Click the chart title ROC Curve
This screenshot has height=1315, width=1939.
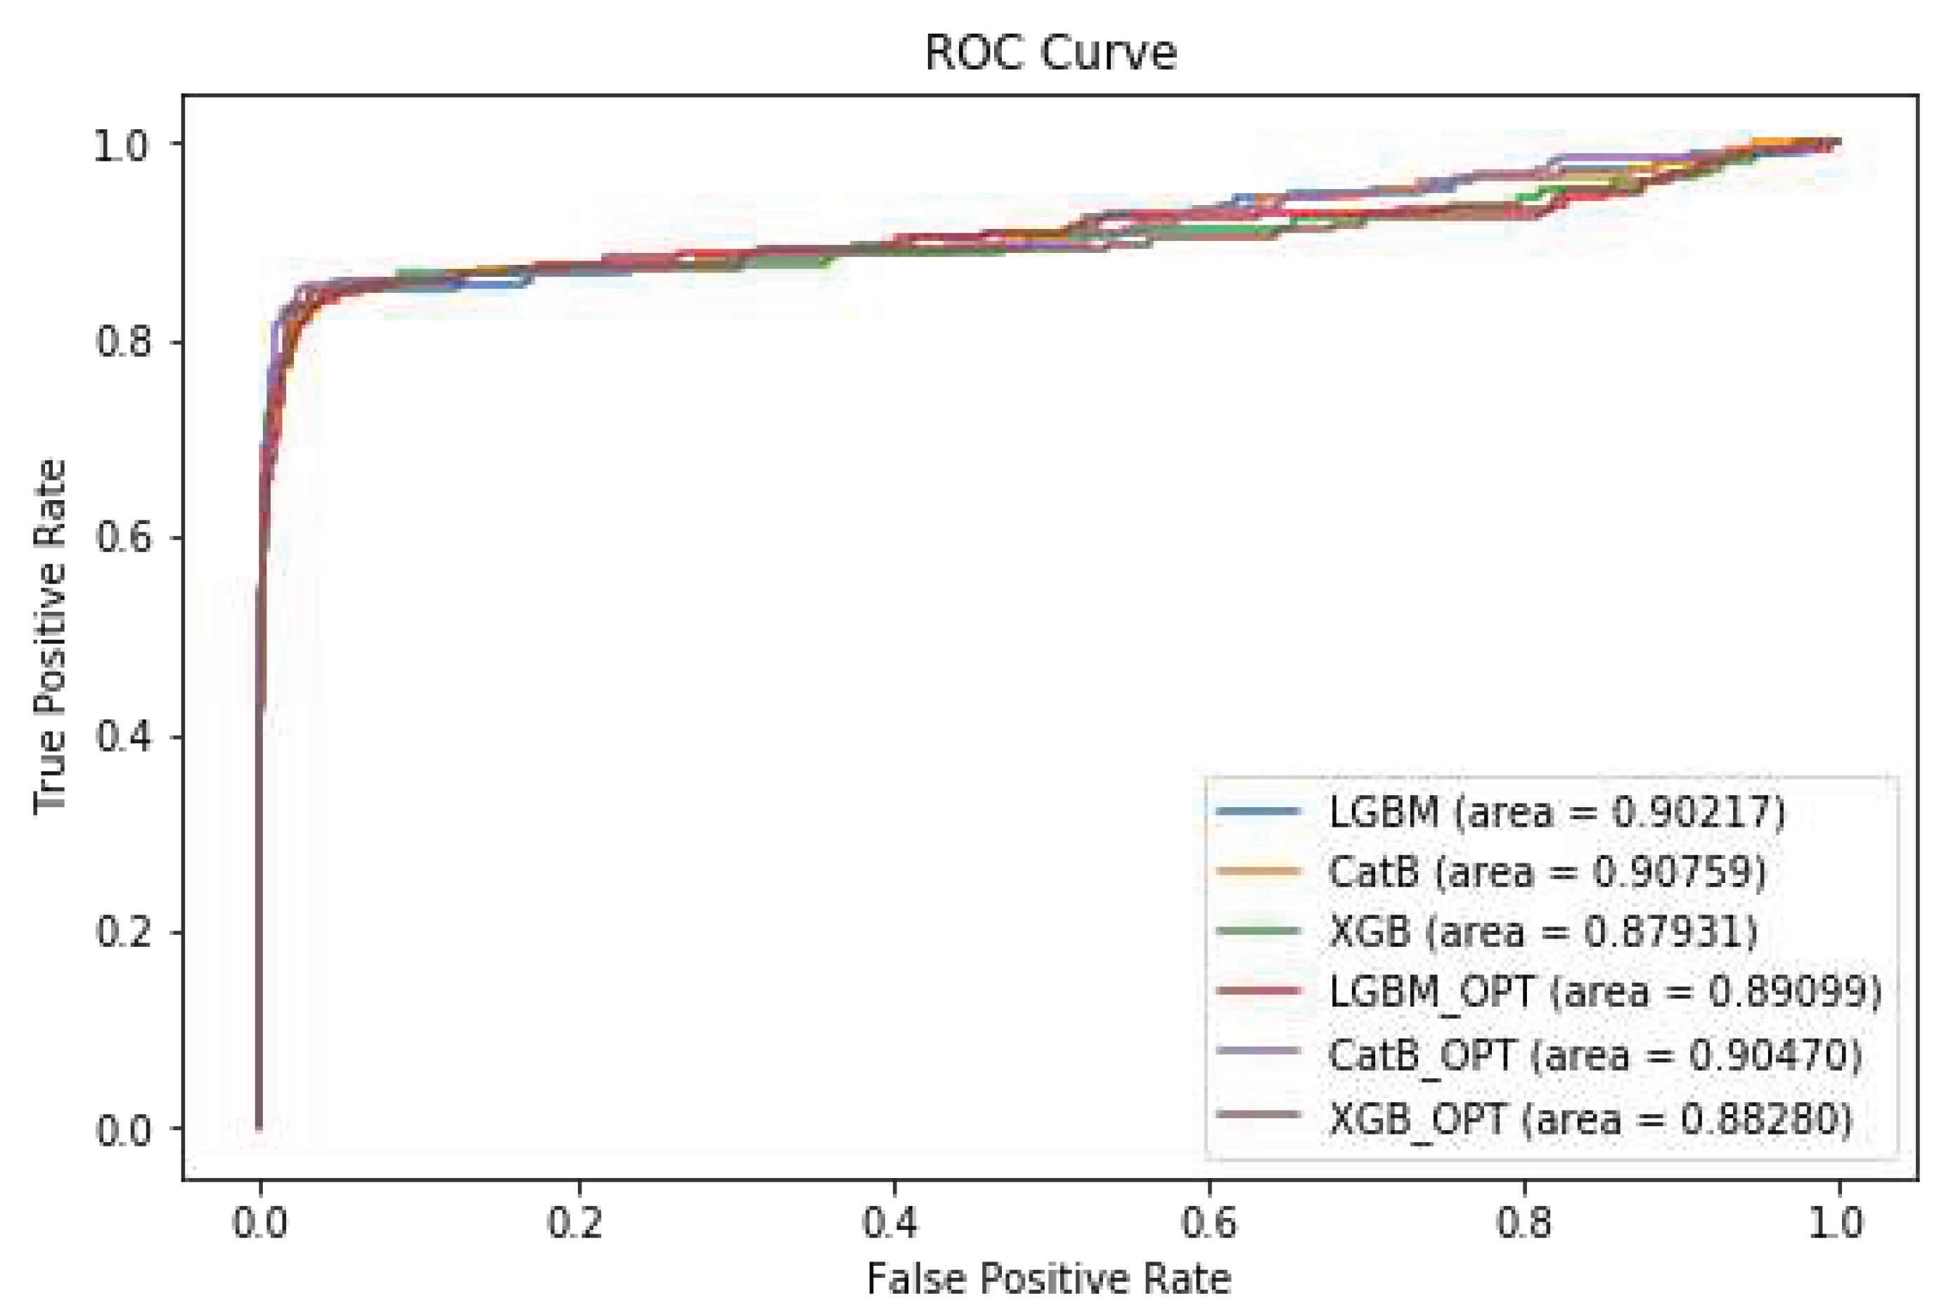pos(1050,53)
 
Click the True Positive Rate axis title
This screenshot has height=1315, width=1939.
pos(50,637)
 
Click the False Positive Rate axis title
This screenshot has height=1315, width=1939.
pos(1049,1278)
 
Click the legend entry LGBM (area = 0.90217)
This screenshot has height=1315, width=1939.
pos(1556,811)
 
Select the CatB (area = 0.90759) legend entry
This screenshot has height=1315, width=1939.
pos(1546,871)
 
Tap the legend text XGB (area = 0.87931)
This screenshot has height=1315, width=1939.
pos(1542,931)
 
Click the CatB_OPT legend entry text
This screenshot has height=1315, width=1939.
pos(1595,1055)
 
